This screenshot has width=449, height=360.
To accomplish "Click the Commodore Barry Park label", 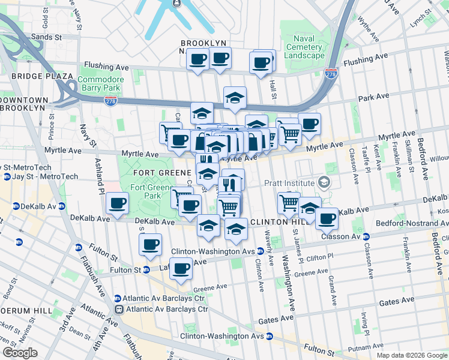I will coord(101,83).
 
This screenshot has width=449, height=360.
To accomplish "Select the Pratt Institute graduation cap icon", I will coord(325,182).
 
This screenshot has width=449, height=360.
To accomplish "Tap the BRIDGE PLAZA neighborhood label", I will coord(37,76).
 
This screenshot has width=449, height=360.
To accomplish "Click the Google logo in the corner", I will coord(20,353).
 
